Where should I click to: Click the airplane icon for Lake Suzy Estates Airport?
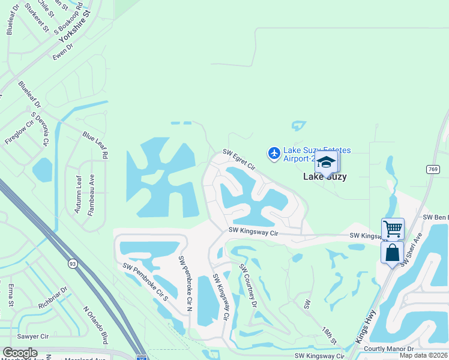point(274,154)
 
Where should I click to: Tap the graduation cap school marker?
point(326,163)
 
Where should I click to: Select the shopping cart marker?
point(393,228)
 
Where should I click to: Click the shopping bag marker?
point(392,253)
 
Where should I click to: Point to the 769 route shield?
point(433,170)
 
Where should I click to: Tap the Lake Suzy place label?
point(325,176)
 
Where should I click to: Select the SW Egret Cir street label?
point(240,160)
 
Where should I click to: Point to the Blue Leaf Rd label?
point(95,146)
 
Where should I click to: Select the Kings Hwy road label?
point(365,326)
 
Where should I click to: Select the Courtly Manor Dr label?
point(389,349)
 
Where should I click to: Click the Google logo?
point(20,353)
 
